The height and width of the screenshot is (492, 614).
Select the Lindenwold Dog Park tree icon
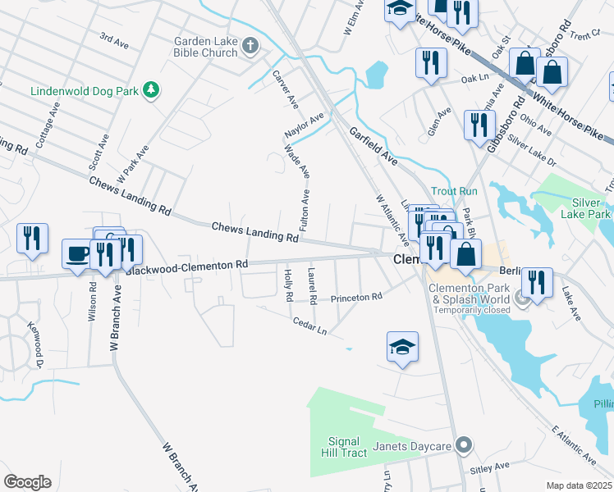[150, 89]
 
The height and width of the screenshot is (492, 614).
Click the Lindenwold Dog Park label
[85, 89]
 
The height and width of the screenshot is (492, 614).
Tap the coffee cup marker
[79, 253]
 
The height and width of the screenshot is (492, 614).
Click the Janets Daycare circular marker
[464, 445]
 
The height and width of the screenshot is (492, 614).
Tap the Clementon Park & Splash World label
[471, 294]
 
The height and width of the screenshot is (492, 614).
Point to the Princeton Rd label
[357, 298]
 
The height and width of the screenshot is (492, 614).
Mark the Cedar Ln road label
[310, 326]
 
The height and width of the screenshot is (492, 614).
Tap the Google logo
[28, 482]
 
